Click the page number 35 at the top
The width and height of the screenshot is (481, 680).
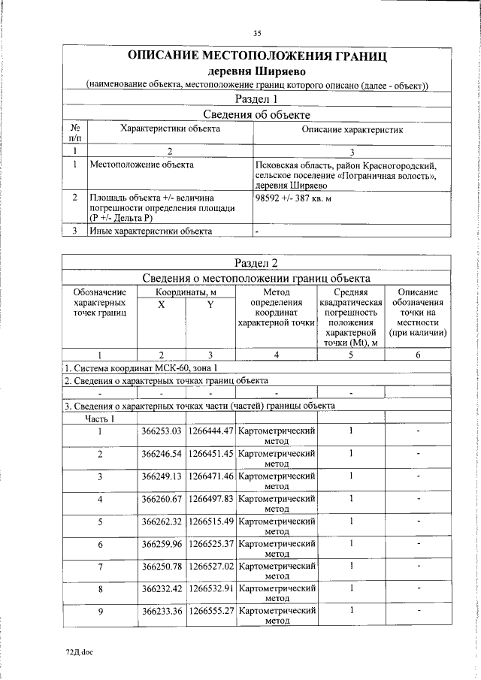[x=257, y=33]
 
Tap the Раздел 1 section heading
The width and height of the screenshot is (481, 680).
[x=257, y=98]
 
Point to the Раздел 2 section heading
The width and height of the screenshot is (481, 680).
[x=257, y=263]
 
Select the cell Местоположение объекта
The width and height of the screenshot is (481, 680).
[x=141, y=164]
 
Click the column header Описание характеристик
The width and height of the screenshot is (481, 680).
[x=352, y=129]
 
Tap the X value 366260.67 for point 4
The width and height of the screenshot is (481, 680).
[x=162, y=499]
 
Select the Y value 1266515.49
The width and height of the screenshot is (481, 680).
[x=210, y=521]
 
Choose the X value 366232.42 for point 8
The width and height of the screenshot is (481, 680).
[x=162, y=588]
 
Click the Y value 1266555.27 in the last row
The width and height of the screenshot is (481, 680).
[x=210, y=611]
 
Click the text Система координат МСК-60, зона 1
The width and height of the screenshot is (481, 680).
[x=142, y=367]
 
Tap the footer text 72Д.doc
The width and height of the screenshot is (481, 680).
[x=78, y=651]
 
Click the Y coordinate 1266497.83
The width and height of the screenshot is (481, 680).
[x=210, y=499]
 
